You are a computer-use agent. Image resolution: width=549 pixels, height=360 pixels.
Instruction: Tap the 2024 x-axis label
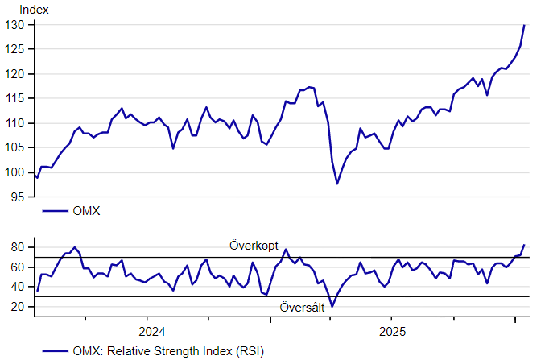(151, 331)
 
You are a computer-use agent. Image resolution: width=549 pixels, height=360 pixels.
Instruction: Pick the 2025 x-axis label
(392, 331)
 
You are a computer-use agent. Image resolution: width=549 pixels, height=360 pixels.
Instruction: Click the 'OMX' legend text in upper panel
(86, 211)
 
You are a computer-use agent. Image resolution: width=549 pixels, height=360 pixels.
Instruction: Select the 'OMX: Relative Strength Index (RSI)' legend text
(167, 350)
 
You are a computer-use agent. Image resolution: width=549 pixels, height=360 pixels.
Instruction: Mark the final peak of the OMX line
(524, 25)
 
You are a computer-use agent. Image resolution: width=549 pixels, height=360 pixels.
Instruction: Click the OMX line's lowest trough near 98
(337, 184)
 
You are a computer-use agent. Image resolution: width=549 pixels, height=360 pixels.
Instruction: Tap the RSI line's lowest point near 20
(332, 306)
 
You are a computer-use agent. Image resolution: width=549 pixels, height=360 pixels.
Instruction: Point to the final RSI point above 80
(524, 245)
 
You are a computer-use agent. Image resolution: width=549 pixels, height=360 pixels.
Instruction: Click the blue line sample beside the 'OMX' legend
(54, 211)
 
